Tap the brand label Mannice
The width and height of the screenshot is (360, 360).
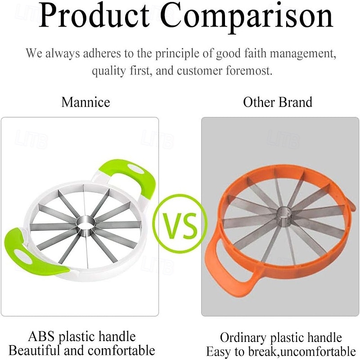pos(85,102)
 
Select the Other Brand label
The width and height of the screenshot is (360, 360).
pos(278,102)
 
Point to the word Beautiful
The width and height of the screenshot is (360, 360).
pos(39,350)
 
